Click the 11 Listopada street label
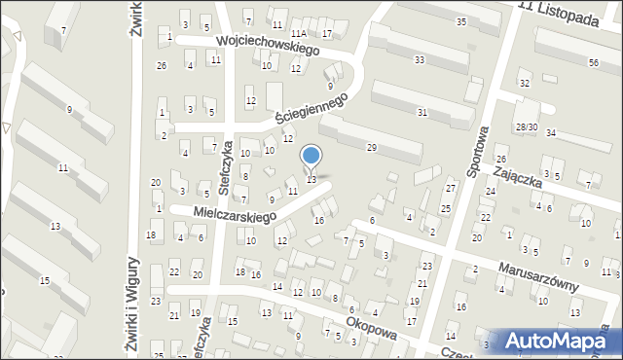(559, 18)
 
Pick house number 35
(459, 21)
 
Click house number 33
(420, 60)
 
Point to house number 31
(421, 113)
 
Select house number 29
(371, 147)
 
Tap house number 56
(593, 62)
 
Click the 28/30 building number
(527, 127)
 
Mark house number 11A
(298, 34)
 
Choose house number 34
(551, 132)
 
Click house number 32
(524, 84)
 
